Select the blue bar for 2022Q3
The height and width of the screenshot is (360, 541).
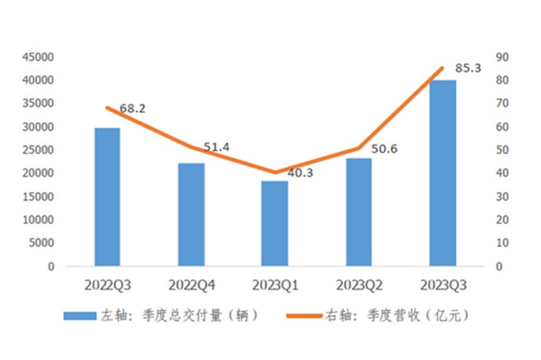(108, 197)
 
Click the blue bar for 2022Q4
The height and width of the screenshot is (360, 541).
(191, 215)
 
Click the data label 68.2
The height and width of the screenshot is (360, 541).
(132, 108)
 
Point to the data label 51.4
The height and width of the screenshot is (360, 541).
(216, 147)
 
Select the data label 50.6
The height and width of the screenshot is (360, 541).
(384, 149)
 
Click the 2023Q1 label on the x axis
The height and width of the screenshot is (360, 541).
(275, 284)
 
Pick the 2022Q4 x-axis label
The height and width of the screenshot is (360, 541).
(191, 284)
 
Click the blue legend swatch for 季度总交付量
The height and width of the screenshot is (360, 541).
(80, 316)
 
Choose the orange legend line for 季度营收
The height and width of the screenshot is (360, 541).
(308, 316)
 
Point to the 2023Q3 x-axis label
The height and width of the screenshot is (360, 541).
(442, 284)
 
